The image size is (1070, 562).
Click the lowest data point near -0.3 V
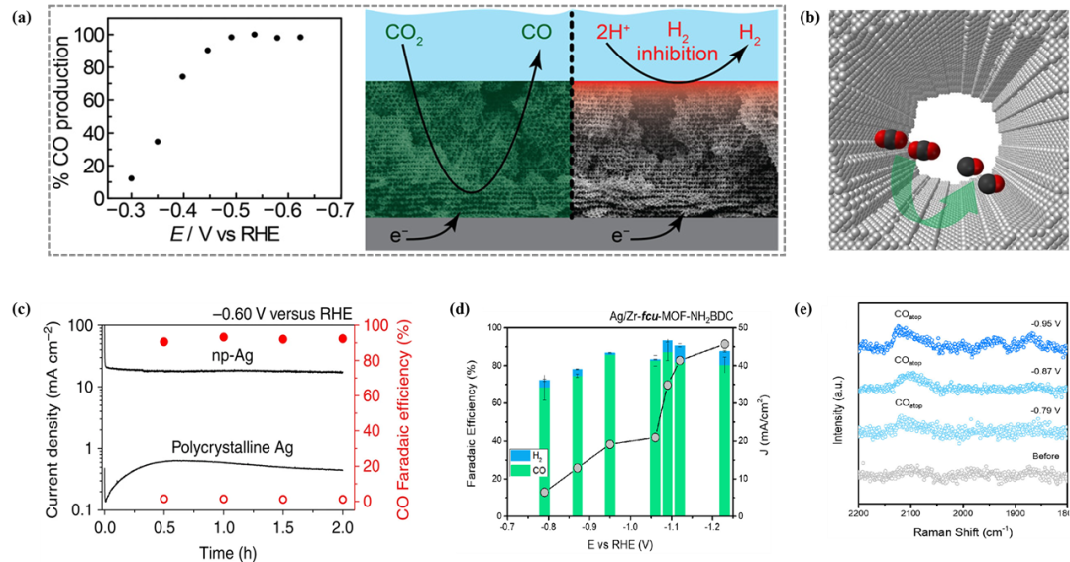point(131,178)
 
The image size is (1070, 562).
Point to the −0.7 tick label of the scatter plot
point(341,212)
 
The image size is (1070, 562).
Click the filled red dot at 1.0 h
point(224,338)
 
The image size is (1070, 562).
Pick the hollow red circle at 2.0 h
point(342,500)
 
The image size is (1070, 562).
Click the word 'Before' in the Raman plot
point(1046,459)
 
